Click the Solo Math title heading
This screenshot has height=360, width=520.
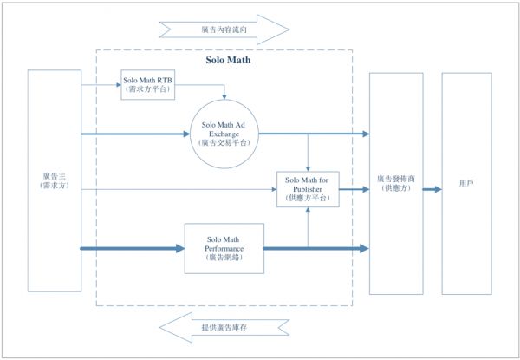(224, 61)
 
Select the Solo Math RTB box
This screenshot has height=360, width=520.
(147, 84)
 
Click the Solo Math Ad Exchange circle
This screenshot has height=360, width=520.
(224, 134)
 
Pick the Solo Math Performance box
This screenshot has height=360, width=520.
(224, 248)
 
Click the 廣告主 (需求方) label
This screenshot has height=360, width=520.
(53, 180)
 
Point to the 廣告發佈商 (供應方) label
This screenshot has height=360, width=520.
(396, 183)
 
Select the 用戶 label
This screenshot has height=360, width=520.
(466, 183)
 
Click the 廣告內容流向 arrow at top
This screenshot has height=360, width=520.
(223, 29)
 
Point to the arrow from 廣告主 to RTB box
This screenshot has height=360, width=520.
(100, 85)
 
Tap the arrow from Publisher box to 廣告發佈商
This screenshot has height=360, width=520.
(354, 188)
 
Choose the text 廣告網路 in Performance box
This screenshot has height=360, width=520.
(224, 258)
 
